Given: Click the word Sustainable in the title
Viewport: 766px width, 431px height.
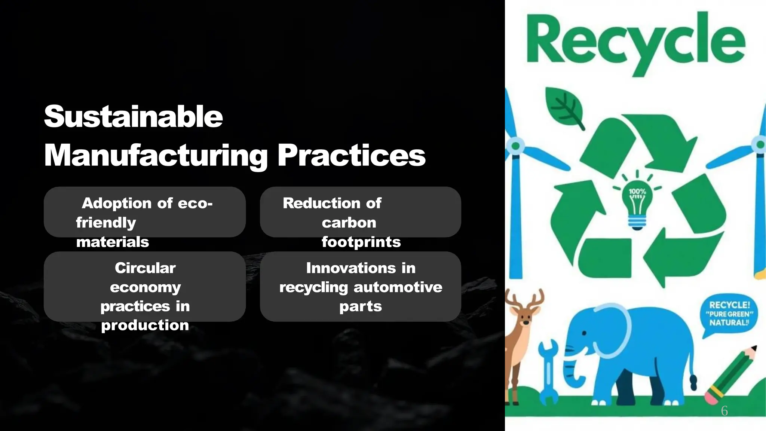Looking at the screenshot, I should [133, 116].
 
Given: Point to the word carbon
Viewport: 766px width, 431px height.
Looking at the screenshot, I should [349, 223].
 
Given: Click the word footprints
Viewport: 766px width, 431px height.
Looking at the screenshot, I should [361, 242].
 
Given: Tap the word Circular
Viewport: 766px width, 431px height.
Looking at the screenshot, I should [145, 268].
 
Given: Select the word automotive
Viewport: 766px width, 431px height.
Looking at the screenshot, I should [398, 287].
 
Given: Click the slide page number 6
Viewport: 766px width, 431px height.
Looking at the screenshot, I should [724, 411].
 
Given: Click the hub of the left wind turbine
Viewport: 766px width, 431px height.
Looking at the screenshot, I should [516, 146].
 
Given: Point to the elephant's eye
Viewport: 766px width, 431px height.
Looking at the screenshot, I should [584, 333].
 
